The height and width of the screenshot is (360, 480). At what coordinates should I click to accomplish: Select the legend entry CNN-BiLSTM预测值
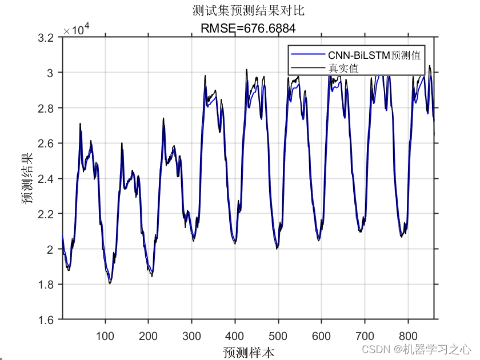click(x=374, y=55)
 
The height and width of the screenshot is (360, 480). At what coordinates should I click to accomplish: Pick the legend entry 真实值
click(x=343, y=68)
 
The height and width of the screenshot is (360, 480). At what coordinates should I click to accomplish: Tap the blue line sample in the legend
click(x=308, y=55)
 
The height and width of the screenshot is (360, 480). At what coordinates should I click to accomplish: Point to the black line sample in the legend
click(x=308, y=68)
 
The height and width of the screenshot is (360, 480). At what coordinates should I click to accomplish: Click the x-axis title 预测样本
click(x=249, y=351)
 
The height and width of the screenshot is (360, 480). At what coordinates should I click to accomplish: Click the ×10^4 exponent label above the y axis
click(x=77, y=29)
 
